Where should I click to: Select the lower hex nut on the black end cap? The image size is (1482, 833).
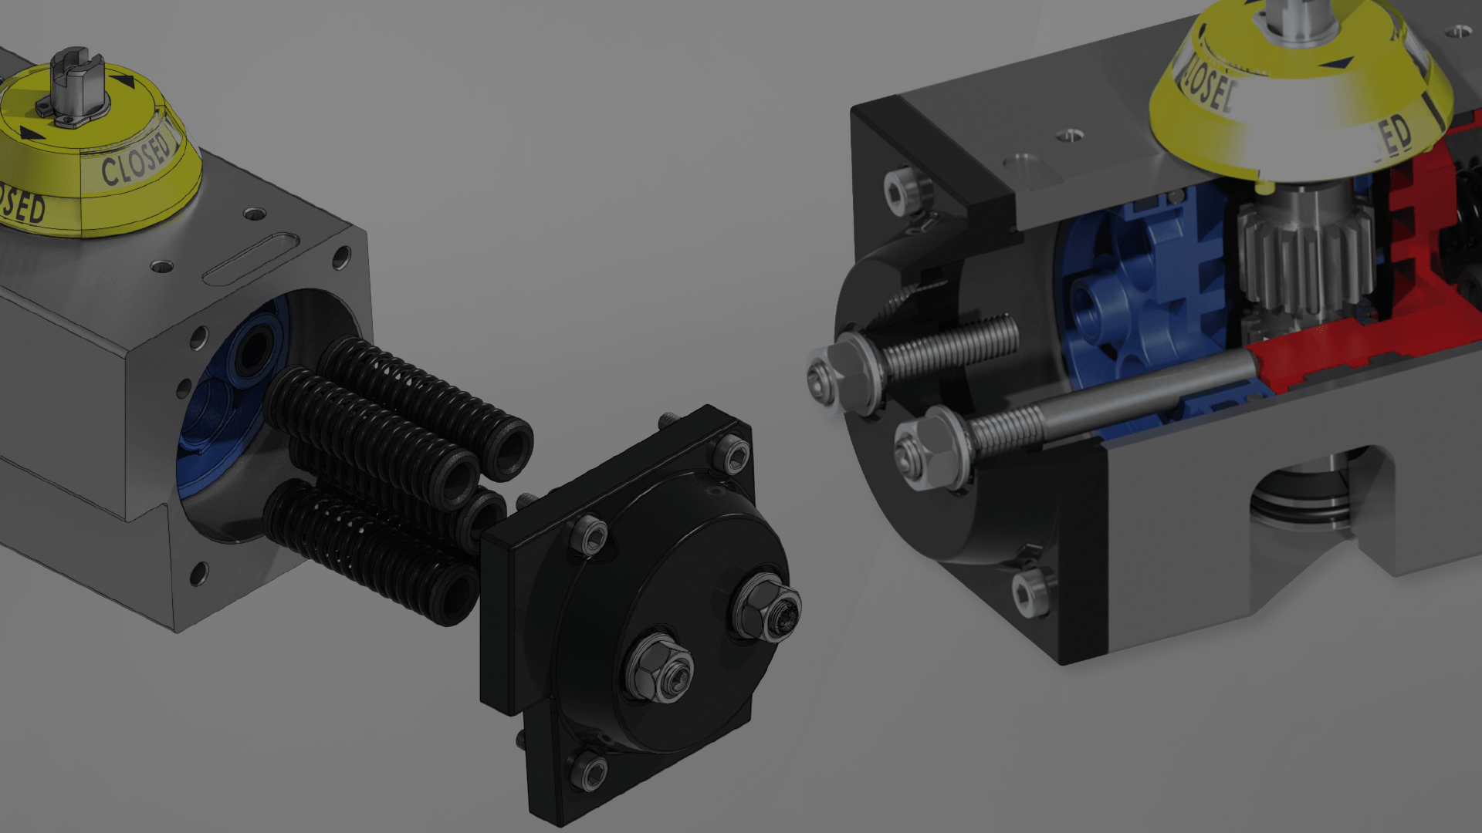tap(662, 668)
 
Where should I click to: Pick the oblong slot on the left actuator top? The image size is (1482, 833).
tap(251, 258)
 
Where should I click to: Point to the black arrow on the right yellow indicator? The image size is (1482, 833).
tap(1339, 62)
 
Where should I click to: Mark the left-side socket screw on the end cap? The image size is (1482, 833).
tap(588, 535)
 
